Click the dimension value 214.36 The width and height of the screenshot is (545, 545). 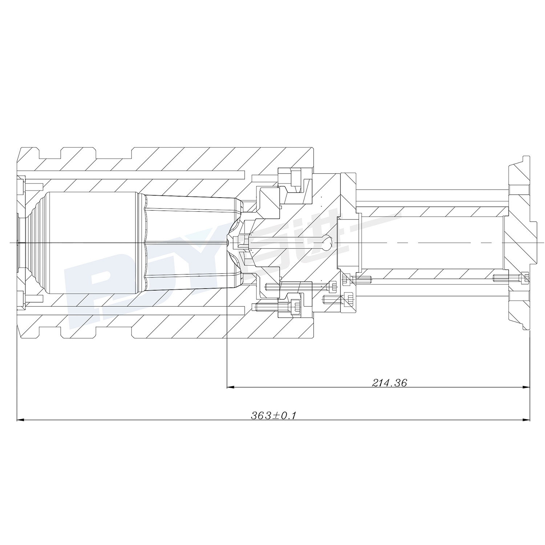tap(389, 383)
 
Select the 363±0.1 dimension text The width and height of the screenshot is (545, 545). tap(273, 415)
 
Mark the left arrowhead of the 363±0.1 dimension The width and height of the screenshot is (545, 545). tap(21, 420)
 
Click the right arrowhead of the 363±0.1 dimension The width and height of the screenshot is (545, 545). tap(525, 420)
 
